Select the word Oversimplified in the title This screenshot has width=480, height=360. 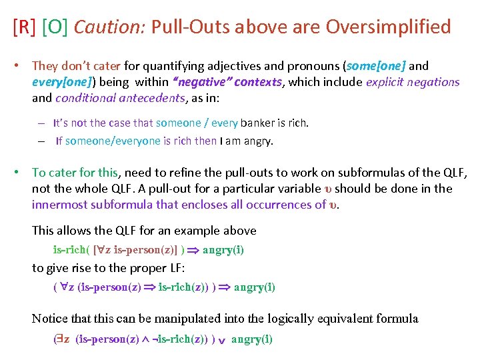click(388, 27)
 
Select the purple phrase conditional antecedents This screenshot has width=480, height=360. click(119, 98)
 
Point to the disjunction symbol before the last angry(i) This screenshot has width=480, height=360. click(223, 340)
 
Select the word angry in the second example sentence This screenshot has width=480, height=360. click(258, 141)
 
